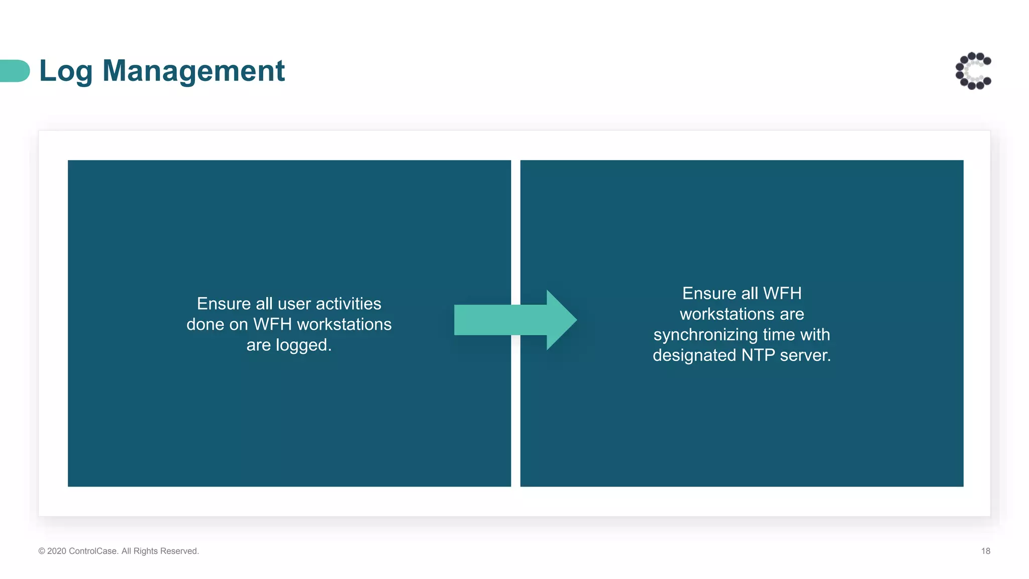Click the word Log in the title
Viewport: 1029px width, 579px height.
(66, 71)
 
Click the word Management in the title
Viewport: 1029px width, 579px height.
(193, 71)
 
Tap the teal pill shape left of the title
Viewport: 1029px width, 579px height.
(15, 71)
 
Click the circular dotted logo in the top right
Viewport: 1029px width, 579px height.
(973, 71)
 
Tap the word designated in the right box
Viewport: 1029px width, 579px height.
(694, 355)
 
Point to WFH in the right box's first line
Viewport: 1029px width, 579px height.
(782, 293)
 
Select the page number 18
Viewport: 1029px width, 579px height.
(985, 551)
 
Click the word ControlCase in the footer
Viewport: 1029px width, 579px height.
(93, 551)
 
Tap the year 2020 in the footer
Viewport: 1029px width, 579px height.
(57, 551)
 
